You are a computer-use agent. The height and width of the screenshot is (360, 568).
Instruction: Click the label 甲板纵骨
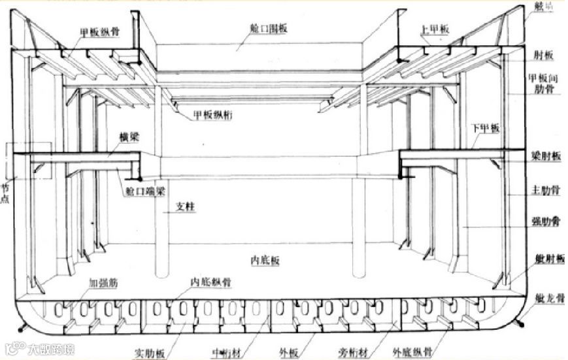100,31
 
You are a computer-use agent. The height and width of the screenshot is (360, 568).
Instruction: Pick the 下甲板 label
484,129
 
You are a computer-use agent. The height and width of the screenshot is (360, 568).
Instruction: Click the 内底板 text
265,260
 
